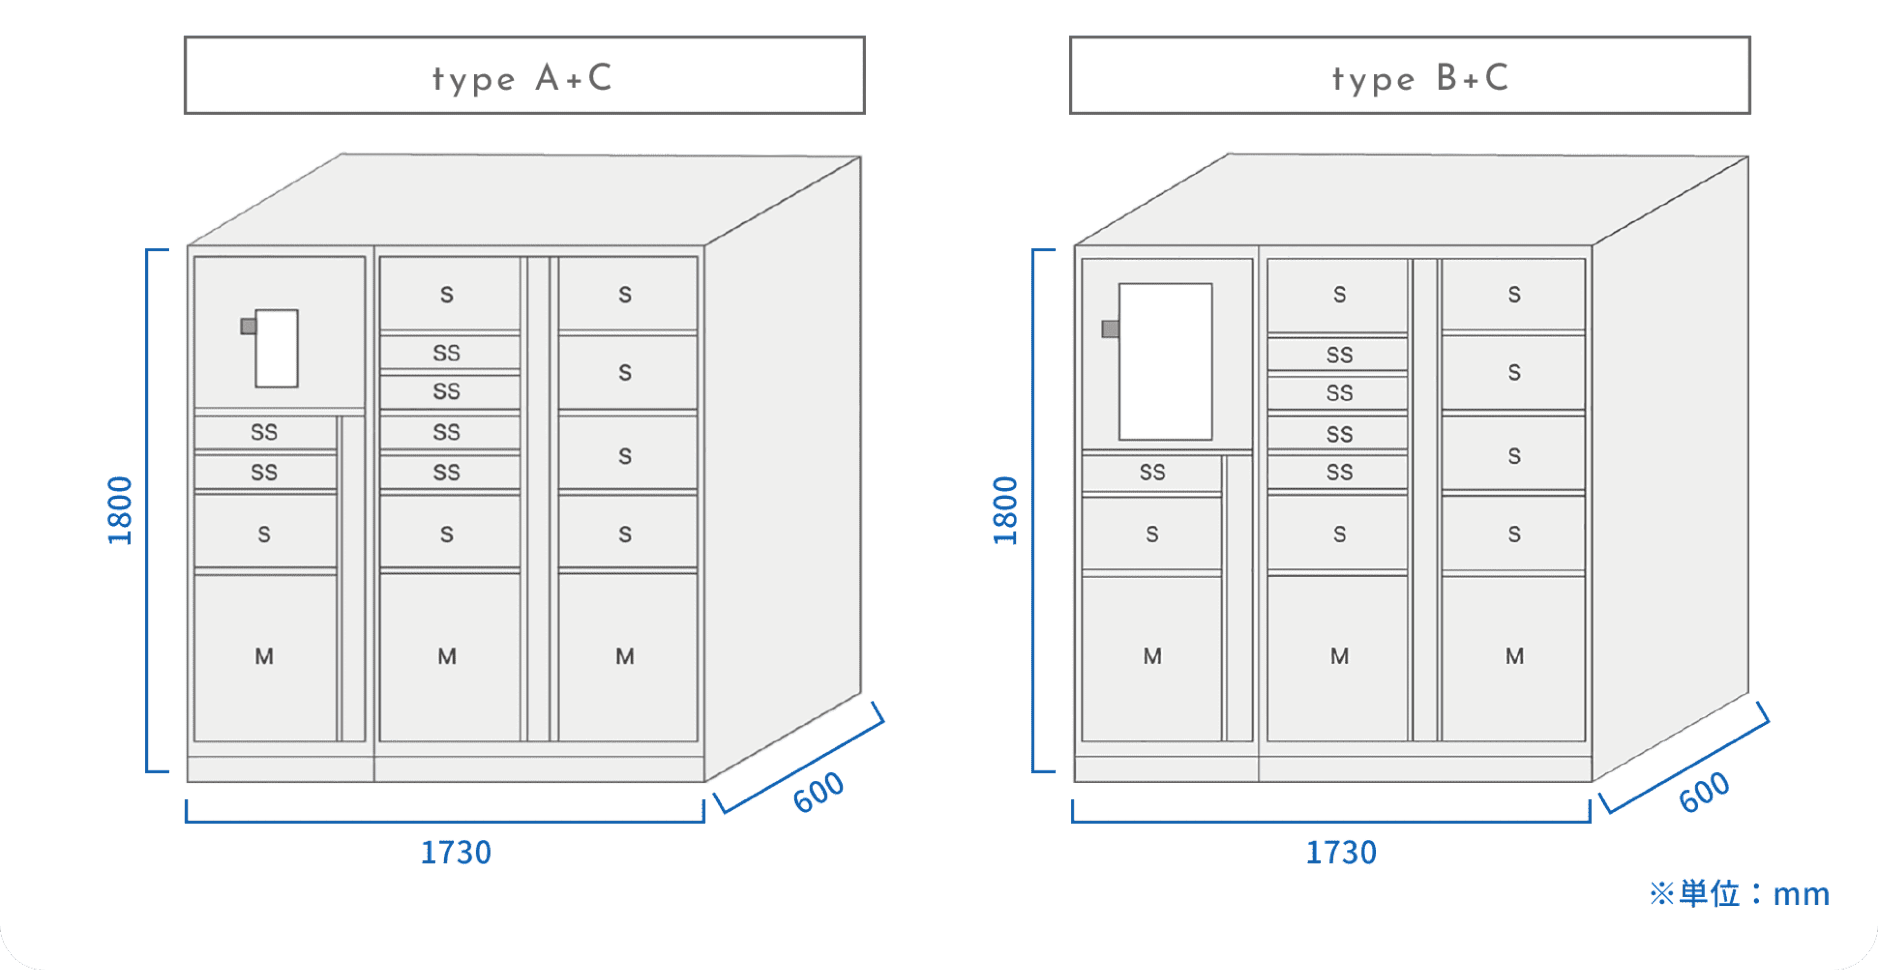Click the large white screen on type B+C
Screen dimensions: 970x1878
coord(1165,362)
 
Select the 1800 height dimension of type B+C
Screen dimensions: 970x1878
coord(1005,510)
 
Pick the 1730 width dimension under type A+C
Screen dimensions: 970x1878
coord(456,852)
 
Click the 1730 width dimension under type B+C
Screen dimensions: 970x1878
coord(1341,852)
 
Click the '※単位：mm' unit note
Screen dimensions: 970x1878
coord(1739,894)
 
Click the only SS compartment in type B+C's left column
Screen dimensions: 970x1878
coord(1152,472)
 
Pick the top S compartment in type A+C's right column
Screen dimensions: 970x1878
coord(625,294)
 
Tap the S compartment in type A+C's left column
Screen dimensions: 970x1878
coord(265,534)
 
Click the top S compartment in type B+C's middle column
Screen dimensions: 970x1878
coord(1339,294)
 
